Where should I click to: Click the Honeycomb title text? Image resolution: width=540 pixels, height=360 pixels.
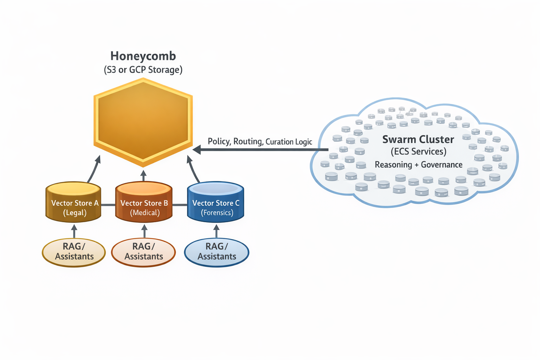143,56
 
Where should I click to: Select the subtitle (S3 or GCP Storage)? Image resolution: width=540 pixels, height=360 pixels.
143,70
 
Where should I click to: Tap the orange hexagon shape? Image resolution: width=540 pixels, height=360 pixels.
143,122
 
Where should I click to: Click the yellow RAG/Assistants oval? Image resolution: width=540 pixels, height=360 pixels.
74,252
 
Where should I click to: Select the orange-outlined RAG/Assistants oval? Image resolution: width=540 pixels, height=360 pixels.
143,252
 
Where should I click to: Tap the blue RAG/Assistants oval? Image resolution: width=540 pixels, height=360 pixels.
217,252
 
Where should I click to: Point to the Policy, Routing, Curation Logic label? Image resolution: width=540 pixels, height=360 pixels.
260,141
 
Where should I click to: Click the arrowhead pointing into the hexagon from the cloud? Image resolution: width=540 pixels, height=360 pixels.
197,150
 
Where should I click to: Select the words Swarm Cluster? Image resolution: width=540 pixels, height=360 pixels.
418,140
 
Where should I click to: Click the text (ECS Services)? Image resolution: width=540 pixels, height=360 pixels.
418,152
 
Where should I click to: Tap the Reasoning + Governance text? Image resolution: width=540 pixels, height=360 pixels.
418,165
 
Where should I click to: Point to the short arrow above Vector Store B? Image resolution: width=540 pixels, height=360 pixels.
143,175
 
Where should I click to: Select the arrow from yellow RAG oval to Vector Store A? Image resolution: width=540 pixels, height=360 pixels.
74,231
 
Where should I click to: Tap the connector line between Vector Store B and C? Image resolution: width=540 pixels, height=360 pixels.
180,205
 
